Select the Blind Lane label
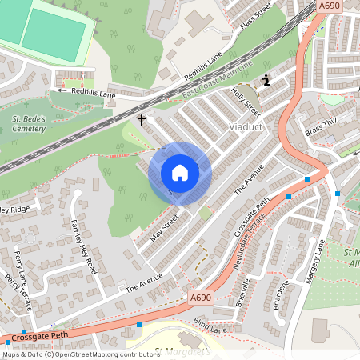pyautogui.click(x=210, y=326)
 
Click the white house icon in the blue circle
pyautogui.click(x=180, y=173)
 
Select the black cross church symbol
pyautogui.click(x=142, y=120)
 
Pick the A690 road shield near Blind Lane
pyautogui.click(x=201, y=298)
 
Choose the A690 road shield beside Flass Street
pyautogui.click(x=330, y=6)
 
